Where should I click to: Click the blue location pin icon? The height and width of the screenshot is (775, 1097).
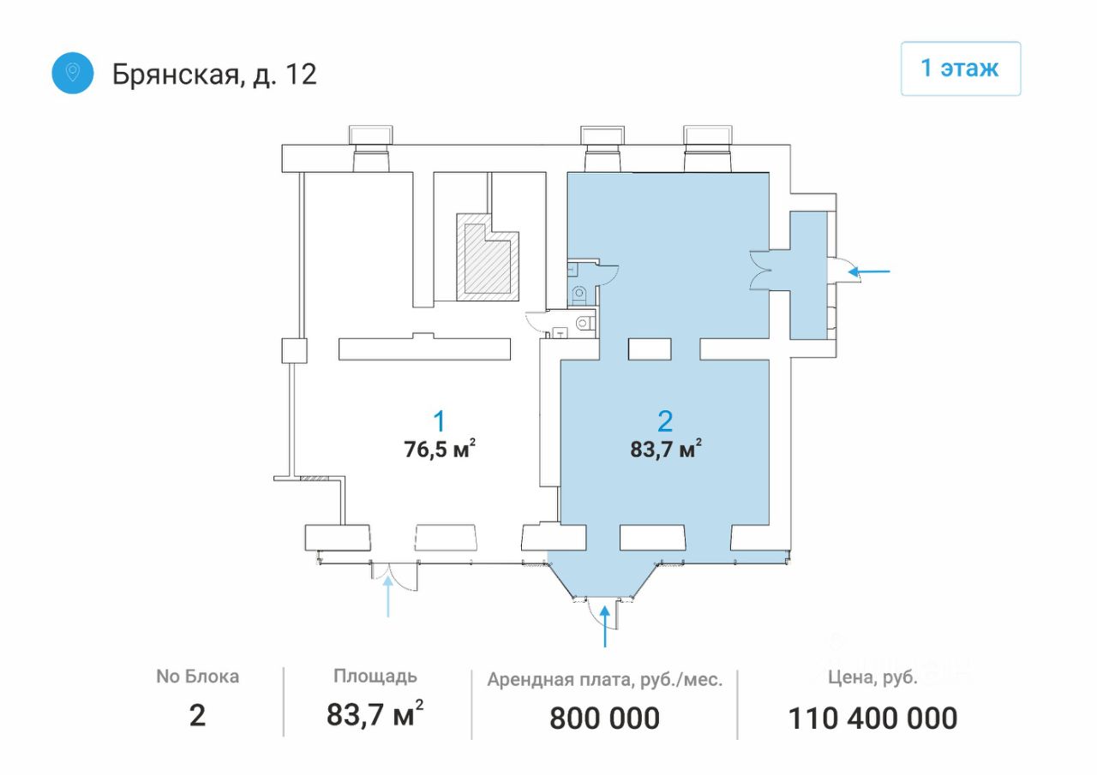[73, 73]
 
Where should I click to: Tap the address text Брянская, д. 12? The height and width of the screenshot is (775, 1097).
[214, 75]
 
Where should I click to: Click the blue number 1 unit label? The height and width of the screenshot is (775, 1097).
[440, 421]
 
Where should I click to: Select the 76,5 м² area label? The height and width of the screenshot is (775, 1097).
[440, 450]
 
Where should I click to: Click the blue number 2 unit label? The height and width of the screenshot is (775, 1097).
[665, 420]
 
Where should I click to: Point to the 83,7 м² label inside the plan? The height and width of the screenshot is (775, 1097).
[667, 449]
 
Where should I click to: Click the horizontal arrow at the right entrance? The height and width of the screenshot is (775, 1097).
[869, 271]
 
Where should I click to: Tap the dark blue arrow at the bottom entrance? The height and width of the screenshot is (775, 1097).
[605, 626]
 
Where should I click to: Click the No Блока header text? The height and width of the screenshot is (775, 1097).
[197, 677]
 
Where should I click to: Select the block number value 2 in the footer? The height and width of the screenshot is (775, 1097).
[197, 716]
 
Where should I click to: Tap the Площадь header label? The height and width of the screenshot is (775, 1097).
[375, 676]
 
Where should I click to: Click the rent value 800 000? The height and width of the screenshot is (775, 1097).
[604, 718]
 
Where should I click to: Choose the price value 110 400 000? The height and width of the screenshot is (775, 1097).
[872, 718]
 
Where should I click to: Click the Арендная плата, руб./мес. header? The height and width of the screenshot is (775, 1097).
[605, 680]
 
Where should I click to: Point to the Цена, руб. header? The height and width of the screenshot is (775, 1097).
[872, 678]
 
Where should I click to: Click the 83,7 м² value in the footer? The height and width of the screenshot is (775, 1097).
[375, 714]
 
